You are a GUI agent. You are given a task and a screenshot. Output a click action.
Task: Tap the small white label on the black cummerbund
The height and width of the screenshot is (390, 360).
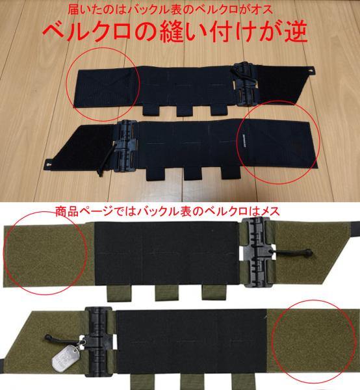pos(244,142)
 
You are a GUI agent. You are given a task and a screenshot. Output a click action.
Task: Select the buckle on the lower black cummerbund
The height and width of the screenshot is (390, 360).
pos(126,146)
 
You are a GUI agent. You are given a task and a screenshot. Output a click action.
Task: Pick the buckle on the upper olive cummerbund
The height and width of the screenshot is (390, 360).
pos(257,252)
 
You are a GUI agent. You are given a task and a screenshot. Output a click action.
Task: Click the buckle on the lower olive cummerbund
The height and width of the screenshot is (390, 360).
pos(99,341)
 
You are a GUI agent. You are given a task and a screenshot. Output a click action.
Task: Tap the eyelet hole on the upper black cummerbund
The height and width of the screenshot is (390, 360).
pos(311,70)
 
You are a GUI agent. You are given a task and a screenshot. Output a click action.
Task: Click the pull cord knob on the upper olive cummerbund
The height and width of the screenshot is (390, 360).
pos(309,252)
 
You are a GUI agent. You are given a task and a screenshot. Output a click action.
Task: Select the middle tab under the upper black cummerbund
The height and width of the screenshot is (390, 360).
pos(185,110)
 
